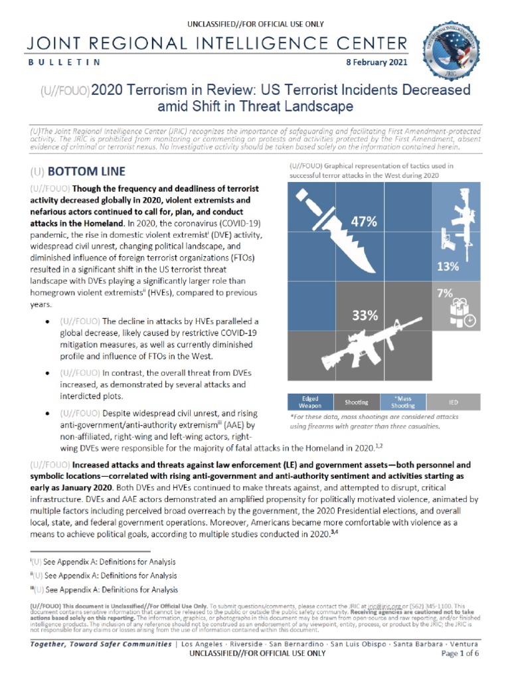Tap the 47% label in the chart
tap(364, 222)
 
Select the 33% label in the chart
tap(365, 316)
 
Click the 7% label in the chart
tap(445, 292)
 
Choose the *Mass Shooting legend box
tap(404, 402)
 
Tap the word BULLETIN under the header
tap(64, 62)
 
